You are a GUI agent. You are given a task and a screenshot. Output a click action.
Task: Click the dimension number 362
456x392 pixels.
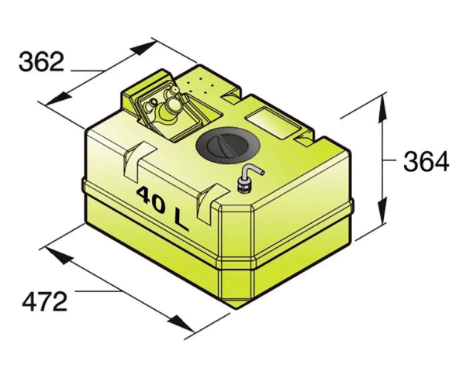tap(41, 62)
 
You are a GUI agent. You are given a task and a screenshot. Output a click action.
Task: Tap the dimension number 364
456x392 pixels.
tap(426, 162)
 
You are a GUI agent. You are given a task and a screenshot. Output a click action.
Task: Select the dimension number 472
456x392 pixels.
tap(45, 302)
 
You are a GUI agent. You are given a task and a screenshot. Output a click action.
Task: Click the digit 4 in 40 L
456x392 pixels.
tap(143, 194)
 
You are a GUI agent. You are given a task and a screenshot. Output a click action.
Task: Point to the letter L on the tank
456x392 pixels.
tap(181, 221)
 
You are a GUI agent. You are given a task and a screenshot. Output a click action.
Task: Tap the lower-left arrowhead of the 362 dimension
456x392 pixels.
tap(59, 98)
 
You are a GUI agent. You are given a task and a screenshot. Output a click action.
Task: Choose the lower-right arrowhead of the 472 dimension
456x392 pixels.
tap(181, 322)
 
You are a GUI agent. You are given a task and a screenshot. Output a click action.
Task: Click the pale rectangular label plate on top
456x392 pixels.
tap(273, 123)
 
